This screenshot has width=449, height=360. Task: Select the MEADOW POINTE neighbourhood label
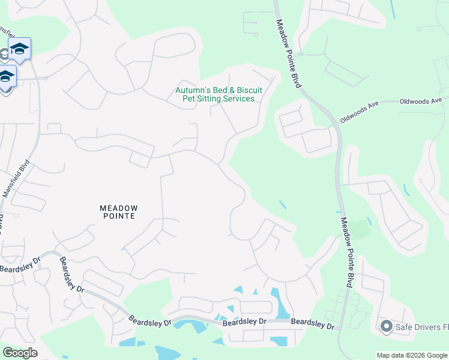pyautogui.click(x=118, y=211)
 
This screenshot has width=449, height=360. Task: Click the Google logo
pyautogui.click(x=20, y=353)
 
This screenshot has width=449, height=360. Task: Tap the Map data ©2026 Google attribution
pyautogui.click(x=412, y=355)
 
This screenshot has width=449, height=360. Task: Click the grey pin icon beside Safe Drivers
pyautogui.click(x=385, y=326)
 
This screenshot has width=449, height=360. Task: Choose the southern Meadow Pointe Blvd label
pyautogui.click(x=346, y=252)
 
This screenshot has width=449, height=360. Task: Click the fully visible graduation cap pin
pyautogui.click(x=19, y=49)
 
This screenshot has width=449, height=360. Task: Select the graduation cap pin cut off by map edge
pyautogui.click(x=5, y=78)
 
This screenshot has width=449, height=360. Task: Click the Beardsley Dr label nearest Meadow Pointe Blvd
pyautogui.click(x=313, y=324)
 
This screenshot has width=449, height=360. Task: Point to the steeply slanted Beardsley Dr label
pyautogui.click(x=71, y=274)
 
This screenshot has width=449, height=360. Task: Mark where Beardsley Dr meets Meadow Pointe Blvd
pyautogui.click(x=340, y=329)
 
